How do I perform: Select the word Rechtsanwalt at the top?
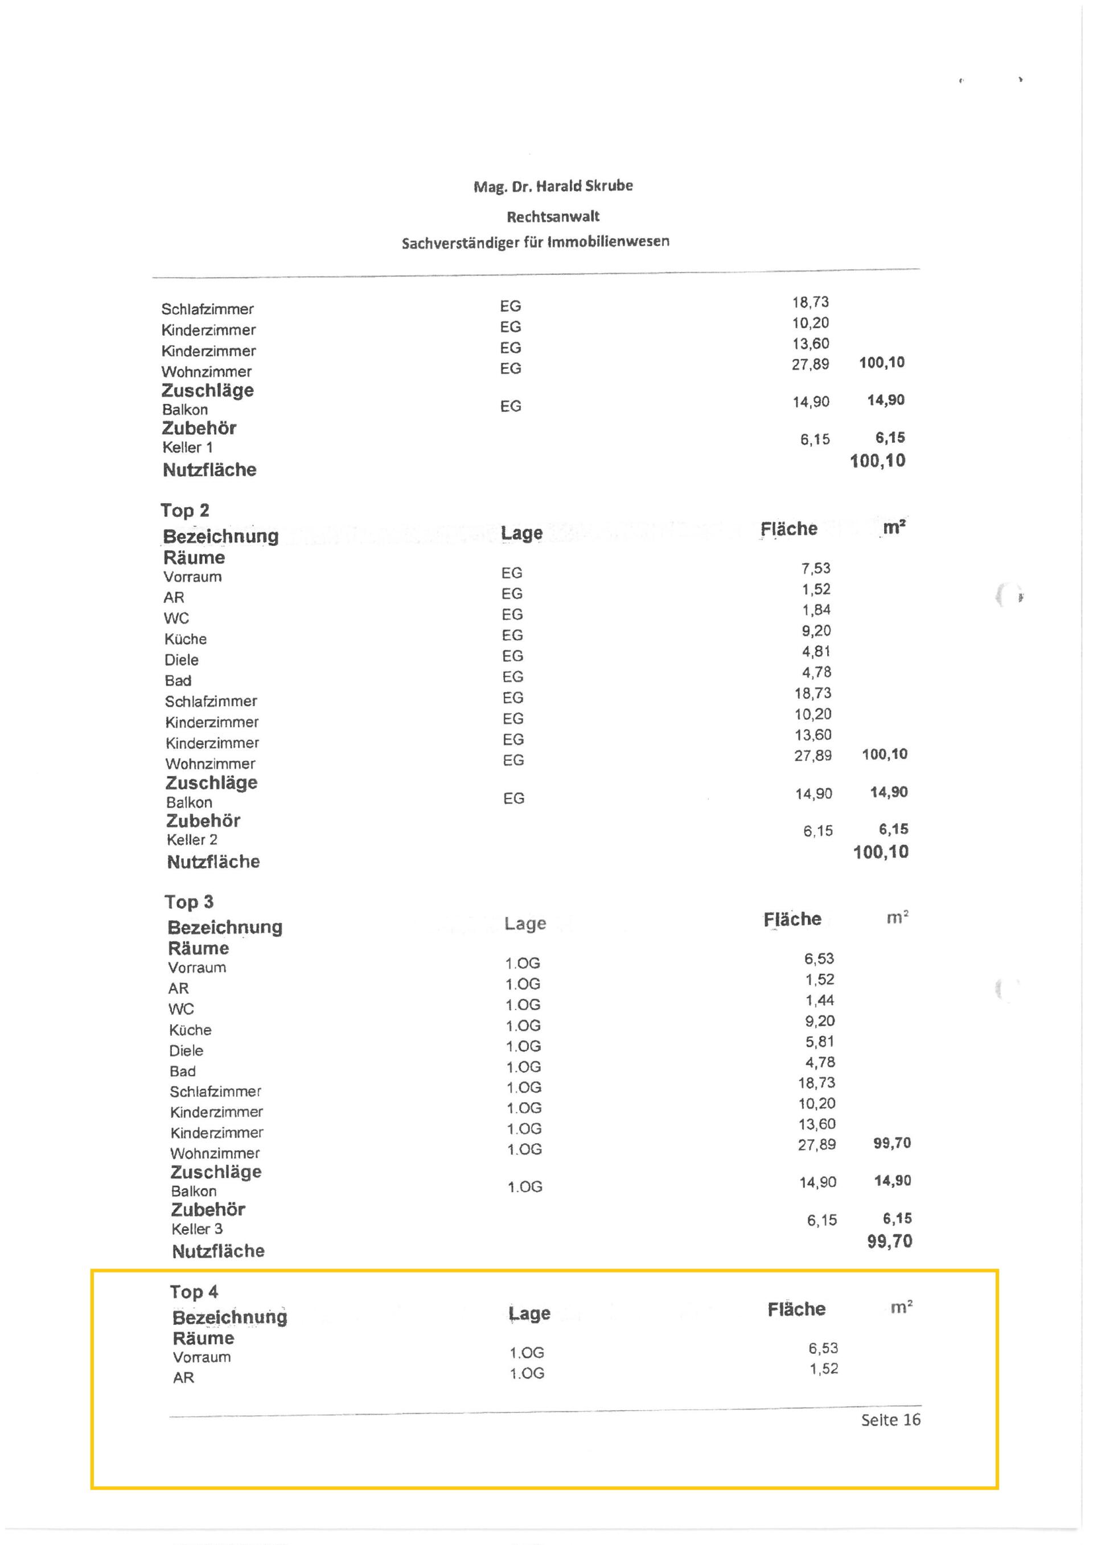point(553,217)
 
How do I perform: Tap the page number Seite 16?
point(890,1420)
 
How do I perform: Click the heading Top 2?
point(184,511)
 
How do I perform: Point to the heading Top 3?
point(188,902)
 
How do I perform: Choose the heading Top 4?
point(193,1291)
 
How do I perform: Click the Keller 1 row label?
point(187,447)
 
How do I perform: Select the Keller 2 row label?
point(192,840)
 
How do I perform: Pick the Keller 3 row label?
point(196,1229)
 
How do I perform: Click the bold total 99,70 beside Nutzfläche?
point(889,1242)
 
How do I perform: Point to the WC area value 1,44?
point(820,1000)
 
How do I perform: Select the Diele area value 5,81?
point(820,1041)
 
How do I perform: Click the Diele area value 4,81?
point(816,652)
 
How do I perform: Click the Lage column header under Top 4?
point(529,1313)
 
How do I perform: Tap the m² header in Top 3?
point(897,918)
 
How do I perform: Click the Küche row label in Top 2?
point(185,639)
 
